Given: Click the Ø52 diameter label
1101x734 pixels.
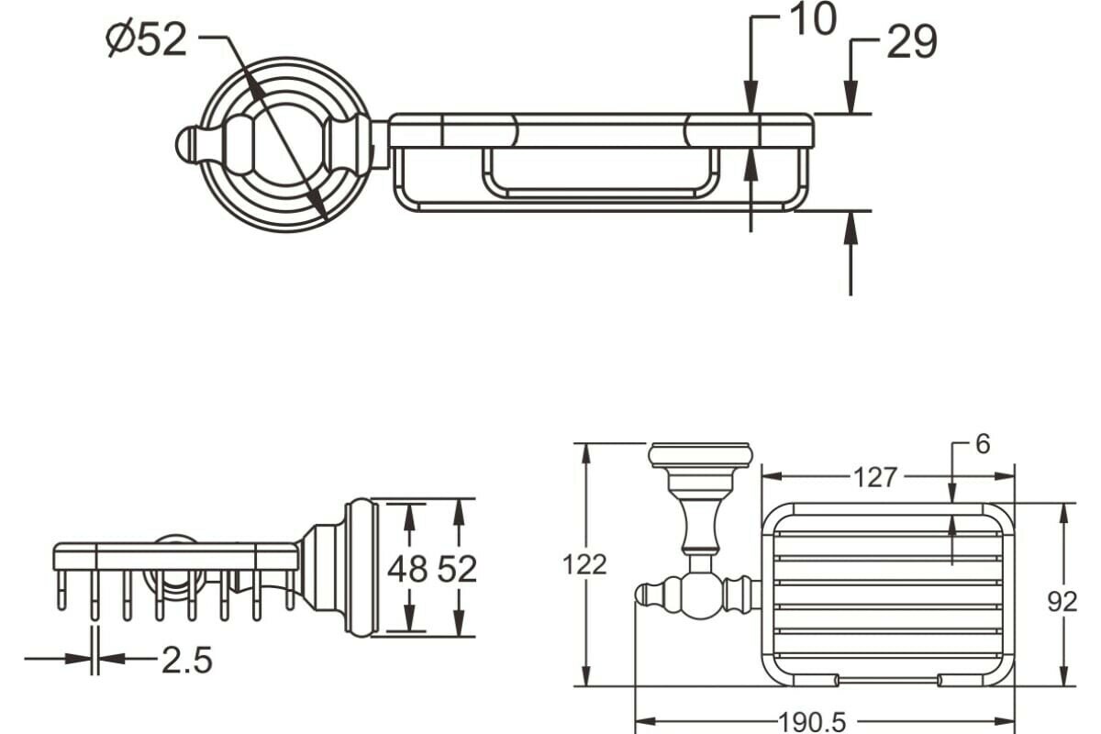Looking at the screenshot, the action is [147, 39].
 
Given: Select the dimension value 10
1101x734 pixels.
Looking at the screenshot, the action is [812, 20].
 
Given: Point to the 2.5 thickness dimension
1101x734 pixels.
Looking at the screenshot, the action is [187, 659].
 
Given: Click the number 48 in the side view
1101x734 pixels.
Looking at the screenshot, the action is [407, 569].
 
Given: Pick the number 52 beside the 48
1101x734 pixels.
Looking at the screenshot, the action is [457, 569].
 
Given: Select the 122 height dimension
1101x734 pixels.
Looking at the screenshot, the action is [584, 564].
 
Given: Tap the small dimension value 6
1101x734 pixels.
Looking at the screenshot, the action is [983, 445].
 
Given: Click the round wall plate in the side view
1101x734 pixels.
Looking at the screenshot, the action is [361, 567].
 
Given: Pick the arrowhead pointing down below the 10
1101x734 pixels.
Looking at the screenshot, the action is [751, 96].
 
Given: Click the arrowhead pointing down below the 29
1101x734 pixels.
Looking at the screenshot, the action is [851, 96].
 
